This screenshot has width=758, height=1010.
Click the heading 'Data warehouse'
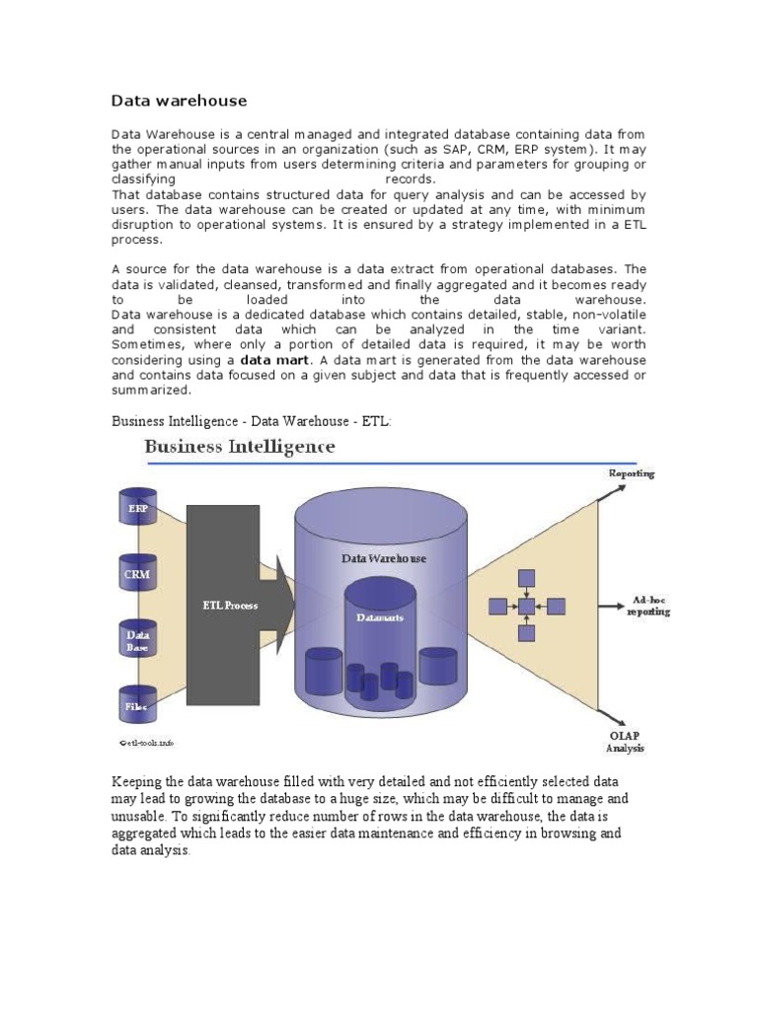(179, 101)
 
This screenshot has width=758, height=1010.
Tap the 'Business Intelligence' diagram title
(240, 447)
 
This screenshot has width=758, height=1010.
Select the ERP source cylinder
(136, 507)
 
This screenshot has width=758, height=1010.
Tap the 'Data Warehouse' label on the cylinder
(384, 558)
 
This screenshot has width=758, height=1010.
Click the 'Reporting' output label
(632, 473)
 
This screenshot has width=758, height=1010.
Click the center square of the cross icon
(527, 605)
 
